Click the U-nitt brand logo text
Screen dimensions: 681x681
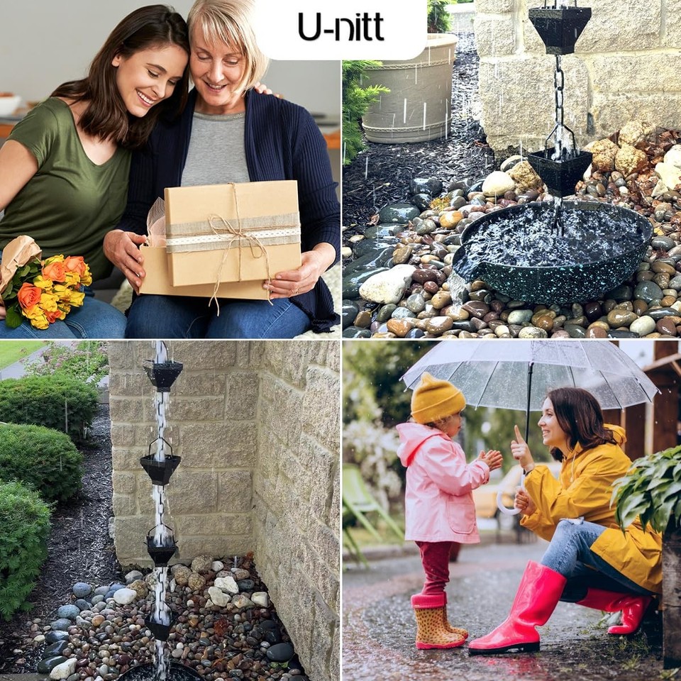340,28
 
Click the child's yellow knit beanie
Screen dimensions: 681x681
436,398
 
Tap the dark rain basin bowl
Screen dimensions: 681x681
553,252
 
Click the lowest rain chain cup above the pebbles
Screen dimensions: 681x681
160,624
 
